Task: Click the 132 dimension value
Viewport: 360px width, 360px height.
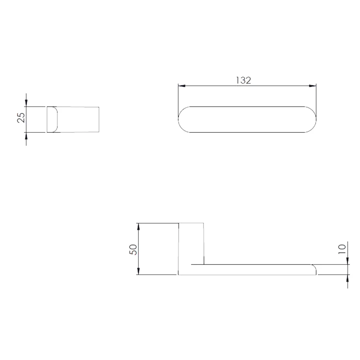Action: [243, 80]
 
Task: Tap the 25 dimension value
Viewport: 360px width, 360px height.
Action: [21, 118]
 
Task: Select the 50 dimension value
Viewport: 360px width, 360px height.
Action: [133, 250]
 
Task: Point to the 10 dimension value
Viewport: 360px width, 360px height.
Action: [342, 249]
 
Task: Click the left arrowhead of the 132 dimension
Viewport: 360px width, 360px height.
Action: [181, 86]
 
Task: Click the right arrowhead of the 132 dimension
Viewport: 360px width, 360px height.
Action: [313, 86]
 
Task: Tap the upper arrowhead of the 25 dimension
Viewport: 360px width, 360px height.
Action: [26, 103]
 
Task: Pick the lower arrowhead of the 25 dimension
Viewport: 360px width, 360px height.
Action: [26, 136]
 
